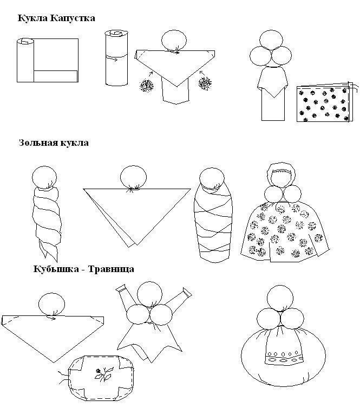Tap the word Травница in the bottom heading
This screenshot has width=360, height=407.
111,269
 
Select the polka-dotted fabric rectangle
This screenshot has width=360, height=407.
325,104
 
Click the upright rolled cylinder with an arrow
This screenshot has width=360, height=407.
116,57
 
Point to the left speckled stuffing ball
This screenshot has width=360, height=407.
147,85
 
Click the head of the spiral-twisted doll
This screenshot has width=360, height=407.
44,177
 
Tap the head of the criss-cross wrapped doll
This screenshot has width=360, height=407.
212,179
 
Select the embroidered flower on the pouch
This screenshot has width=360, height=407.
103,373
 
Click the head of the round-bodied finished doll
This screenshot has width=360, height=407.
280,298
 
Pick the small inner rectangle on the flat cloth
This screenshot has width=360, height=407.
56,76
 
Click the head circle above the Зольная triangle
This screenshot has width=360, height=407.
133,178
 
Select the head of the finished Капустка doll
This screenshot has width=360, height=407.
271,41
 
